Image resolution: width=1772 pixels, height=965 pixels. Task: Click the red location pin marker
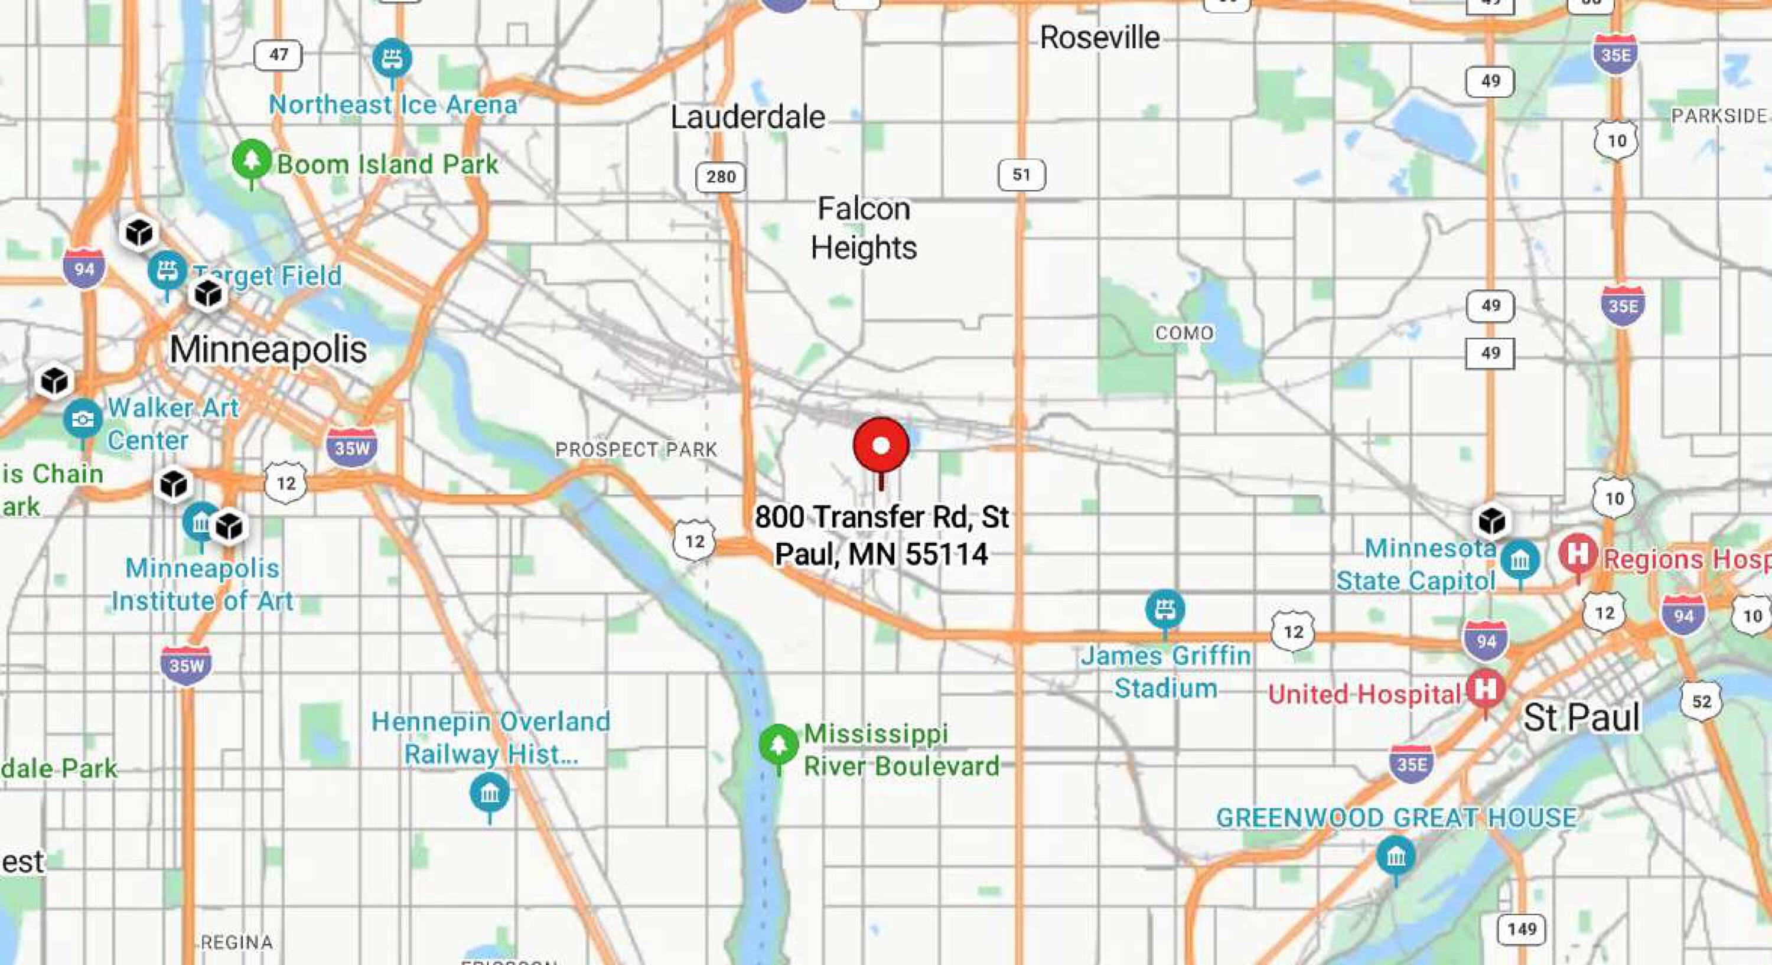coord(881,446)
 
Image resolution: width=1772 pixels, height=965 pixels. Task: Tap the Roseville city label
coord(1099,37)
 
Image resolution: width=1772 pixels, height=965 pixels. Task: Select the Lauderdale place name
coord(748,117)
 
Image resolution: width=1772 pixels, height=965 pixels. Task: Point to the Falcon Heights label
coord(864,227)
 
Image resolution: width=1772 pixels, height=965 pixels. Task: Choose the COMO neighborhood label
coord(1184,333)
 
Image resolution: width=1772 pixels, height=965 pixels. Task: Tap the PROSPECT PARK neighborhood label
coord(636,450)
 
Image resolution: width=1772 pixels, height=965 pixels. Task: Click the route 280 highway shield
coord(720,177)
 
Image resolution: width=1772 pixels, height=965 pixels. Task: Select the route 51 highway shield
coord(1021,175)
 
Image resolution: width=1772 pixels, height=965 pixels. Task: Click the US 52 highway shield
coord(1701,702)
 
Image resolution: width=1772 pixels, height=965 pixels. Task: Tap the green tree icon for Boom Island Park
coord(252,160)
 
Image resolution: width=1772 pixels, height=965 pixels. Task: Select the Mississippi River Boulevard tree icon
coord(778,745)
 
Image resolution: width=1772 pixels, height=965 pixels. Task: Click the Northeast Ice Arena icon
coord(392,58)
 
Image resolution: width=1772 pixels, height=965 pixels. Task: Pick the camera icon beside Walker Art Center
coord(83,418)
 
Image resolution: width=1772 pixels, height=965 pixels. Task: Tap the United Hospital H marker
coord(1485,688)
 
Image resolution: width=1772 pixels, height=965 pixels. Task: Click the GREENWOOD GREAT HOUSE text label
coord(1396,818)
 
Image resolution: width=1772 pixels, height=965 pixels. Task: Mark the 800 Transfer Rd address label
coord(882,536)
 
